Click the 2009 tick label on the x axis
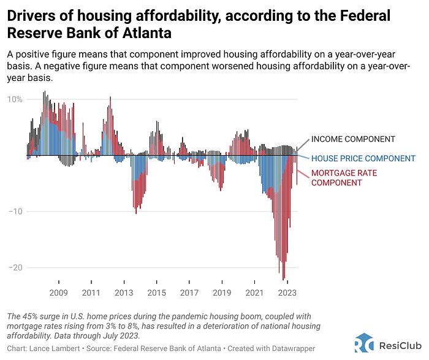pyautogui.click(x=58, y=293)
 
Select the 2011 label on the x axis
pyautogui.click(x=91, y=293)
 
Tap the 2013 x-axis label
pyautogui.click(x=124, y=293)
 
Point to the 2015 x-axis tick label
pyautogui.click(x=156, y=293)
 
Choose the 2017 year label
pyautogui.click(x=189, y=293)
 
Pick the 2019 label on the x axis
pyautogui.click(x=222, y=293)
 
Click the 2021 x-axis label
pyautogui.click(x=254, y=293)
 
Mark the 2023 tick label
pyautogui.click(x=287, y=293)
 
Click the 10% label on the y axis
pyautogui.click(x=15, y=99)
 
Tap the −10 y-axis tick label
pyautogui.click(x=15, y=212)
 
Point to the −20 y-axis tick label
pyautogui.click(x=15, y=267)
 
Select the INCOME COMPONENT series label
pyautogui.click(x=353, y=139)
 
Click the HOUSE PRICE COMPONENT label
pyautogui.click(x=363, y=158)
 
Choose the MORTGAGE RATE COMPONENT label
pyautogui.click(x=344, y=178)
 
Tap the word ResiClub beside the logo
pyautogui.click(x=397, y=344)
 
